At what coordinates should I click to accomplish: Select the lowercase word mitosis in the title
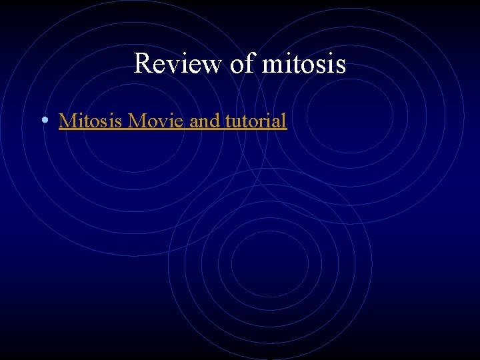click(304, 64)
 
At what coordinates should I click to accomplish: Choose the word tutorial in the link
click(254, 121)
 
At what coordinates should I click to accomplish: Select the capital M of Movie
click(137, 121)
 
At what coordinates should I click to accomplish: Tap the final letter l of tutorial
click(285, 121)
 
